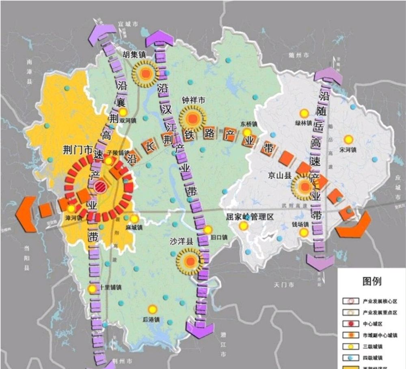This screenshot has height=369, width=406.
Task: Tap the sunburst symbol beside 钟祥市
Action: pyautogui.click(x=193, y=118)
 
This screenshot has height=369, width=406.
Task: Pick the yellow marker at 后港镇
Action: pyautogui.click(x=153, y=309)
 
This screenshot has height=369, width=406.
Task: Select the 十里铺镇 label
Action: pyautogui.click(x=110, y=287)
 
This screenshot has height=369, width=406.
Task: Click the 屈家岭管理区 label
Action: pyautogui.click(x=250, y=217)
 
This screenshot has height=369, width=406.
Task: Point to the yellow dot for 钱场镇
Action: pyautogui.click(x=303, y=232)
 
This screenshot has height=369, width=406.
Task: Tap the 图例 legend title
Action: pyautogui.click(x=371, y=281)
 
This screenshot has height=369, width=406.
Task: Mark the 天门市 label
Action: pyautogui.click(x=283, y=285)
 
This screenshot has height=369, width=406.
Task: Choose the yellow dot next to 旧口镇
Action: pyautogui.click(x=208, y=230)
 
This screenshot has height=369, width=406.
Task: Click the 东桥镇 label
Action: pyautogui.click(x=248, y=124)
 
